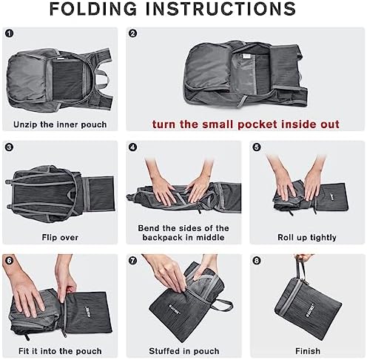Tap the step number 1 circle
pyautogui.click(x=10, y=33)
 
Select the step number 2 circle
pyautogui.click(x=133, y=33)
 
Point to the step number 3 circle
pyautogui.click(x=10, y=147)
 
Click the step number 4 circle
pyautogui.click(x=133, y=147)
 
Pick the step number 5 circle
pyautogui.click(x=256, y=147)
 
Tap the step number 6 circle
pyautogui.click(x=10, y=261)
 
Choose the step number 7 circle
pyautogui.click(x=133, y=261)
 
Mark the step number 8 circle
pyautogui.click(x=256, y=261)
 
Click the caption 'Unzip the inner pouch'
pyautogui.click(x=60, y=124)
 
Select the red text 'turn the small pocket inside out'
pyautogui.click(x=246, y=124)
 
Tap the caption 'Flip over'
pyautogui.click(x=60, y=238)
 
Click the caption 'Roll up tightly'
pyautogui.click(x=306, y=238)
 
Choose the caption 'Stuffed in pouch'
pyautogui.click(x=183, y=351)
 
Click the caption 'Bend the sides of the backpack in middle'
pyautogui.click(x=183, y=233)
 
